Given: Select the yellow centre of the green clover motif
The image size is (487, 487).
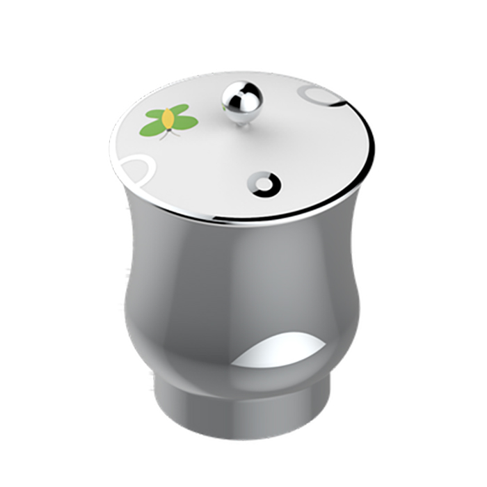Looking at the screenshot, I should (168, 122).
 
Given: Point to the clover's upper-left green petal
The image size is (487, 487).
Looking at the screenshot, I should (156, 114).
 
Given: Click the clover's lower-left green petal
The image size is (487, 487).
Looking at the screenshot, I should (152, 129).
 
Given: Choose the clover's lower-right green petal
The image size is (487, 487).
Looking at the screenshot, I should (185, 123).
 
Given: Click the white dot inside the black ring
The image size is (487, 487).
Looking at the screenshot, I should (266, 183).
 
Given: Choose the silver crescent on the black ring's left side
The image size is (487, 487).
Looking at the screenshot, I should (258, 182).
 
